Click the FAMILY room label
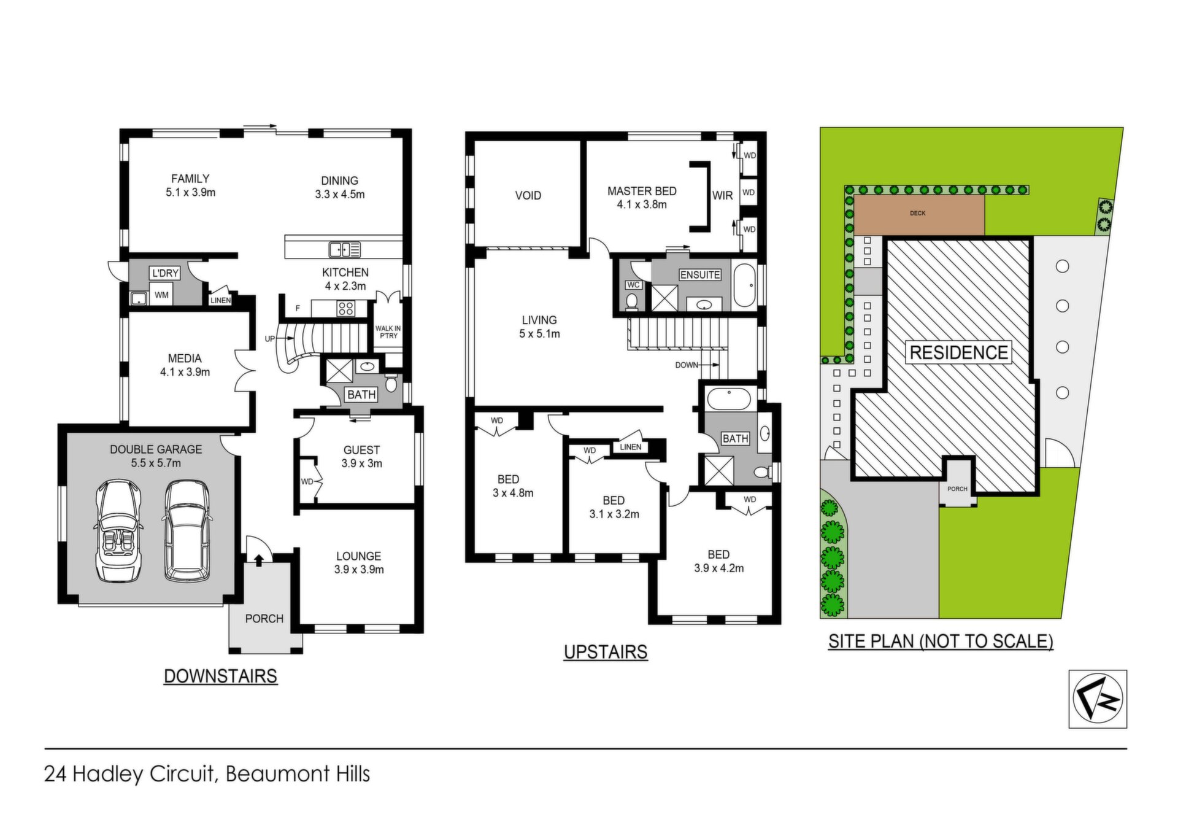tap(190, 179)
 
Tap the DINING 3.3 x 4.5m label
tap(340, 187)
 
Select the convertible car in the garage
tap(119, 530)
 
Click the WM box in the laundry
tap(161, 295)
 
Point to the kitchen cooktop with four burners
tap(345, 308)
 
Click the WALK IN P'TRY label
tap(388, 332)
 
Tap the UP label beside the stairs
tap(270, 339)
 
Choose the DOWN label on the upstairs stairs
tap(687, 365)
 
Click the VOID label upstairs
tap(528, 196)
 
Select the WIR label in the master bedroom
tap(723, 195)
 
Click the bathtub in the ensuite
tap(745, 285)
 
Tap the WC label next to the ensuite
tap(633, 285)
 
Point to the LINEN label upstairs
tap(631, 447)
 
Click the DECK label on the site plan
tap(918, 213)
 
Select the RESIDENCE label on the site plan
tap(958, 352)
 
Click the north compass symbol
tap(1098, 699)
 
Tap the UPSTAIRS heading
tap(606, 651)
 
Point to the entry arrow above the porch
tap(258, 559)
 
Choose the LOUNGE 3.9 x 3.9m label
tap(359, 563)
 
